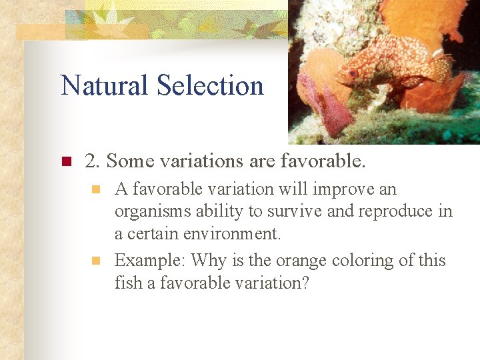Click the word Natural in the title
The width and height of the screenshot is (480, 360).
point(105,85)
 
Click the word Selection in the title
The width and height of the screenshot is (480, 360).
point(210,85)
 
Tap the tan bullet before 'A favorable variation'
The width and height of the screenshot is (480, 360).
point(97,190)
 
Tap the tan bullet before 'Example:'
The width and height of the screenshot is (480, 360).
point(97,261)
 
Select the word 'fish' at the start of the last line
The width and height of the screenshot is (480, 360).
point(124,283)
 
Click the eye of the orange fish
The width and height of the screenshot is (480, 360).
point(353,73)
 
